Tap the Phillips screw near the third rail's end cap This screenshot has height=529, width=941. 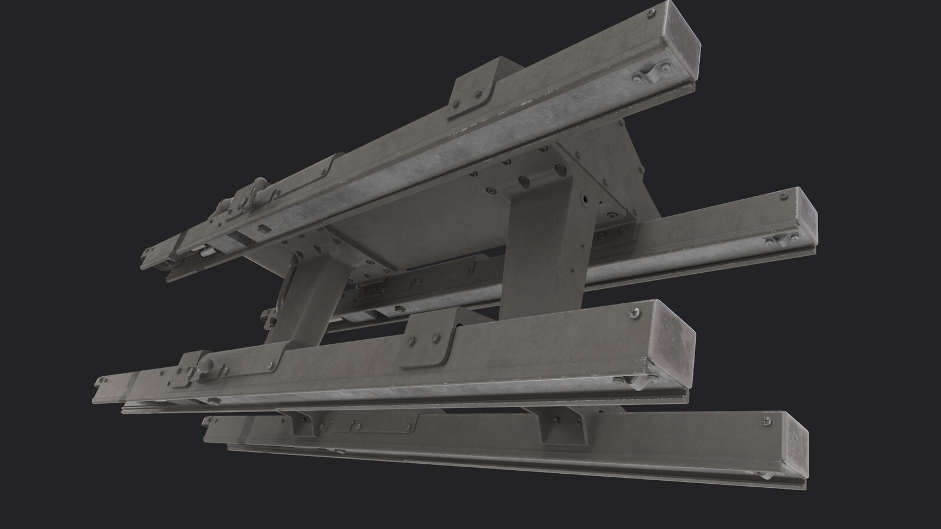634,314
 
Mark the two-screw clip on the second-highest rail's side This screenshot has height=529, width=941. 782,239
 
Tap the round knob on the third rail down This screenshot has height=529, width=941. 208,363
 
